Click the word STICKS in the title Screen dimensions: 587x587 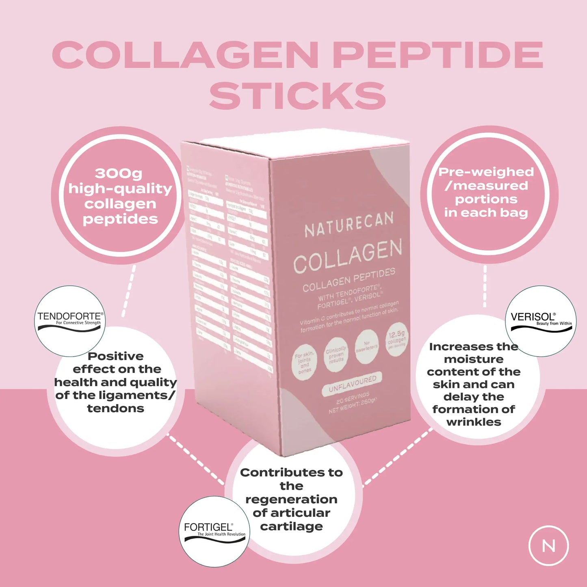[x=297, y=95]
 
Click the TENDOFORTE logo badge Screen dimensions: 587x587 [x=70, y=321]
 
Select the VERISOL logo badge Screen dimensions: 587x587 [x=541, y=321]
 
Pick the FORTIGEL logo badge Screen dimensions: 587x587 [x=214, y=531]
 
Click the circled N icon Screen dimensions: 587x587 [x=548, y=546]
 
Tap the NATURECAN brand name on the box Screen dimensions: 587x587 [x=349, y=225]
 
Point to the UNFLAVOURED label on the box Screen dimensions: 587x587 [x=352, y=383]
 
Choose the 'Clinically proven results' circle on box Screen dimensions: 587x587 [x=336, y=355]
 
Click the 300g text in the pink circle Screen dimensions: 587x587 [x=119, y=173]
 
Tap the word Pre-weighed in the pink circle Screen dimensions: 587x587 [x=486, y=172]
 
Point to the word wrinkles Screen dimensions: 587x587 [x=474, y=422]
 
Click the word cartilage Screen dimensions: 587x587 [x=291, y=526]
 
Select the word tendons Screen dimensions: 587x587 [x=116, y=408]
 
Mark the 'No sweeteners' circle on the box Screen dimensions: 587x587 [x=366, y=347]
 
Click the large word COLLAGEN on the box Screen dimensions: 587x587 [x=348, y=256]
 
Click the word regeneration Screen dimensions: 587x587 [x=291, y=499]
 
